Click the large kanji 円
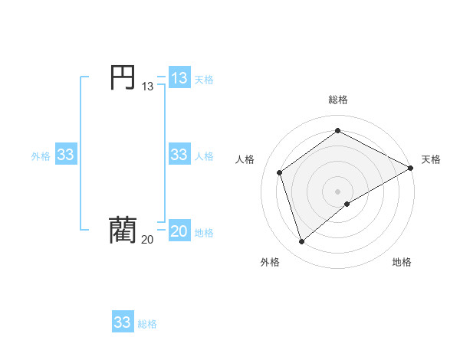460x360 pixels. (122, 77)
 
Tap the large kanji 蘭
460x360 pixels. (122, 229)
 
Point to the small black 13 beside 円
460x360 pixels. (147, 87)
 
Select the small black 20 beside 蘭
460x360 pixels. (147, 240)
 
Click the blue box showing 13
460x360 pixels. (179, 78)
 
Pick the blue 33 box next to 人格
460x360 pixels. (179, 155)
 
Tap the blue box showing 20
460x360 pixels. (179, 231)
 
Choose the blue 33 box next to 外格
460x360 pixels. (65, 155)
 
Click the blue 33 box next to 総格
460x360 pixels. (122, 322)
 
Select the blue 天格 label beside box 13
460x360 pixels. (204, 80)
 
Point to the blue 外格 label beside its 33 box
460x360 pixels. (41, 156)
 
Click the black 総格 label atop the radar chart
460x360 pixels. (338, 100)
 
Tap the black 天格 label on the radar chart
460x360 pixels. (431, 159)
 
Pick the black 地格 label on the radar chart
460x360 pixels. (402, 262)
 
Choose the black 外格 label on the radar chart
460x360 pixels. (270, 262)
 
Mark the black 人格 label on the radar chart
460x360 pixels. (245, 159)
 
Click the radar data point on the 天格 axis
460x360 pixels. (412, 168)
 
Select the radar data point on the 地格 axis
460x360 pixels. (347, 204)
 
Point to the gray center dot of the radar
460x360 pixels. (338, 191)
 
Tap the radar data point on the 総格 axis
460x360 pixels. (338, 131)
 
